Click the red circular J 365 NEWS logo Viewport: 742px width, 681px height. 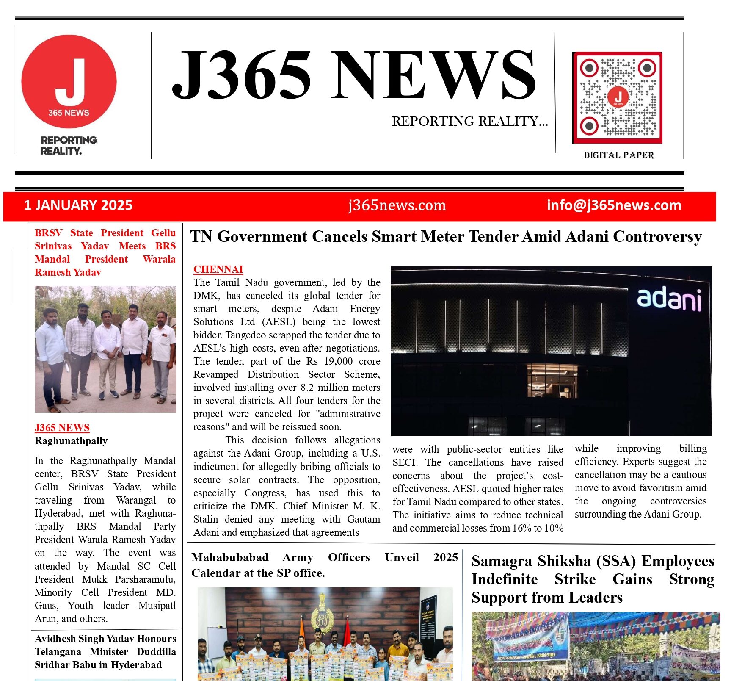tap(69, 81)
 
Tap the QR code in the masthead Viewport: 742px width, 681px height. tap(617, 97)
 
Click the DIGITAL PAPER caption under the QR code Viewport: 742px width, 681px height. tap(619, 155)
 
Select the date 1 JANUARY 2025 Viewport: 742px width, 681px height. tap(78, 205)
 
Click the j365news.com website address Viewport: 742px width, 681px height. tap(397, 205)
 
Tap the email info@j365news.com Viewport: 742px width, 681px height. tap(614, 205)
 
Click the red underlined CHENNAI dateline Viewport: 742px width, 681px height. tap(218, 269)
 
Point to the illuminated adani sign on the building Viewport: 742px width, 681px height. tap(669, 299)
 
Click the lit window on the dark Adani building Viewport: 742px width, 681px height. tap(552, 380)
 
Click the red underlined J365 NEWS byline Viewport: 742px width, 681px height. tap(62, 428)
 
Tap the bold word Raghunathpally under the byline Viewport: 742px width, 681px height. tap(71, 441)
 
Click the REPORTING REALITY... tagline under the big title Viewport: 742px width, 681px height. tap(470, 122)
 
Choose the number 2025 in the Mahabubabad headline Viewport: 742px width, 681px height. tap(446, 557)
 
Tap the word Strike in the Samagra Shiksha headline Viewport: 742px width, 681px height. tap(575, 579)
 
